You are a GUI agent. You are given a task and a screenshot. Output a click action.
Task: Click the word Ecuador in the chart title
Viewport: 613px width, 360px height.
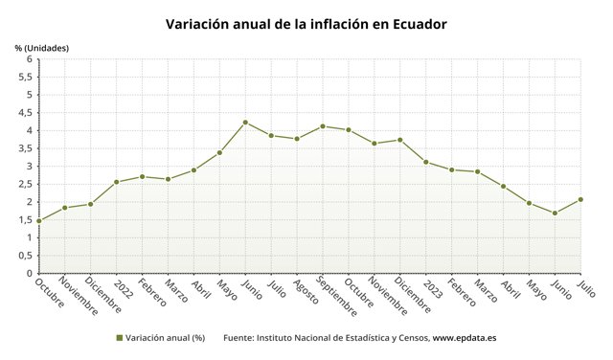[420, 24]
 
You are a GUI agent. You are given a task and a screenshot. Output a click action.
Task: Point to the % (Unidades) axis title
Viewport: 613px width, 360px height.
[42, 48]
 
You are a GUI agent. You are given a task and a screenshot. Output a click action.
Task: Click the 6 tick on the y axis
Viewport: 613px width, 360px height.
[30, 59]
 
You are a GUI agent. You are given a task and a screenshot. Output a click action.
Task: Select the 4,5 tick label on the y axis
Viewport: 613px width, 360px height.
[25, 113]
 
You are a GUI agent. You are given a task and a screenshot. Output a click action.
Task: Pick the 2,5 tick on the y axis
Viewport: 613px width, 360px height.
[25, 185]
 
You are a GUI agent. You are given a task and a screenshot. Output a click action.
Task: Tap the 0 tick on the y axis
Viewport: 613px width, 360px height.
[30, 274]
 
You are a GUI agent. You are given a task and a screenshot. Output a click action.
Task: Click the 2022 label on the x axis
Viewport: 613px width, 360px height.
[124, 288]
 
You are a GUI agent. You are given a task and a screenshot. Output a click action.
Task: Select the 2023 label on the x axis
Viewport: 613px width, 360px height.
[433, 288]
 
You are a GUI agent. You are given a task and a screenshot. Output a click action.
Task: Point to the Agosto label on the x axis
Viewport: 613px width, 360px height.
[306, 291]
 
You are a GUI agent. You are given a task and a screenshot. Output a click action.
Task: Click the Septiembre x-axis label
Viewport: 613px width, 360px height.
[336, 297]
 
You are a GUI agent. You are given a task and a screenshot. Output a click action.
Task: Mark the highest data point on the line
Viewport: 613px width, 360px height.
[245, 123]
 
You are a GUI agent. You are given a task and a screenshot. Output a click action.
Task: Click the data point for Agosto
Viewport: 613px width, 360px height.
[297, 139]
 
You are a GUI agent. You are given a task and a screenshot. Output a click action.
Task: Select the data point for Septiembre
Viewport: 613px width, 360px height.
[323, 126]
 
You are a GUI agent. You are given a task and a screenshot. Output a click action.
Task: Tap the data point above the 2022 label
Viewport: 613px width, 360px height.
[117, 182]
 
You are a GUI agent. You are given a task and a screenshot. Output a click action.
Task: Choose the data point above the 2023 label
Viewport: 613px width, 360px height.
[425, 162]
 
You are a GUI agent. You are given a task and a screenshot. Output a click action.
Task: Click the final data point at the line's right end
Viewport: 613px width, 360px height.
[580, 200]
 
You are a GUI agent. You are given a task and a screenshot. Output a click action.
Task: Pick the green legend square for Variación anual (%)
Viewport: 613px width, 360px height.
[120, 338]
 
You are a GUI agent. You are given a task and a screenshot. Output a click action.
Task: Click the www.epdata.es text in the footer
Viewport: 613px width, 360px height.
[465, 338]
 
